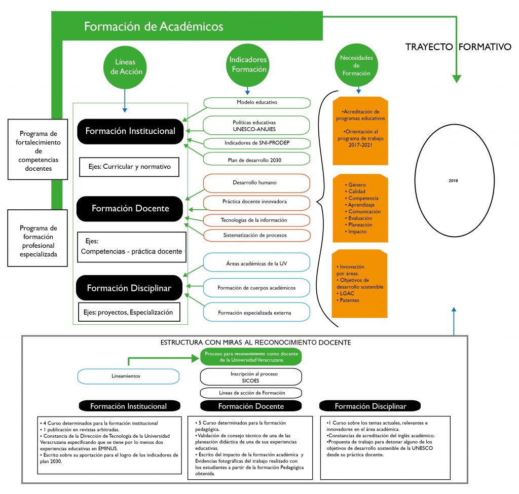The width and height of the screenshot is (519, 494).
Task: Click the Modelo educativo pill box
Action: (256, 102)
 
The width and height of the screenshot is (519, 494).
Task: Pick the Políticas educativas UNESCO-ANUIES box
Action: (256, 125)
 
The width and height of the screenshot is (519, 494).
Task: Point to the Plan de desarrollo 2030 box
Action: (256, 160)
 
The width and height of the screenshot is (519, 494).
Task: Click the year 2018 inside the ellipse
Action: (453, 180)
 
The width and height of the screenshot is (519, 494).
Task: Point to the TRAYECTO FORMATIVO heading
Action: (458, 47)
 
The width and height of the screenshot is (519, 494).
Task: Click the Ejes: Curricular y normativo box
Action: (130, 166)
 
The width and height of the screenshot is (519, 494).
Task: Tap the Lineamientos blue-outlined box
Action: (128, 376)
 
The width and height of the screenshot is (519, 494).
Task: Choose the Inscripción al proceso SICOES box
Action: (251, 376)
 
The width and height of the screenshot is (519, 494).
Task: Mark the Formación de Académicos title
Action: (154, 26)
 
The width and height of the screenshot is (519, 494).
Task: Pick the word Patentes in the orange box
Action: (350, 300)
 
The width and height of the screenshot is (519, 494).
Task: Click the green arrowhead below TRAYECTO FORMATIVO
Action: (456, 79)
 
